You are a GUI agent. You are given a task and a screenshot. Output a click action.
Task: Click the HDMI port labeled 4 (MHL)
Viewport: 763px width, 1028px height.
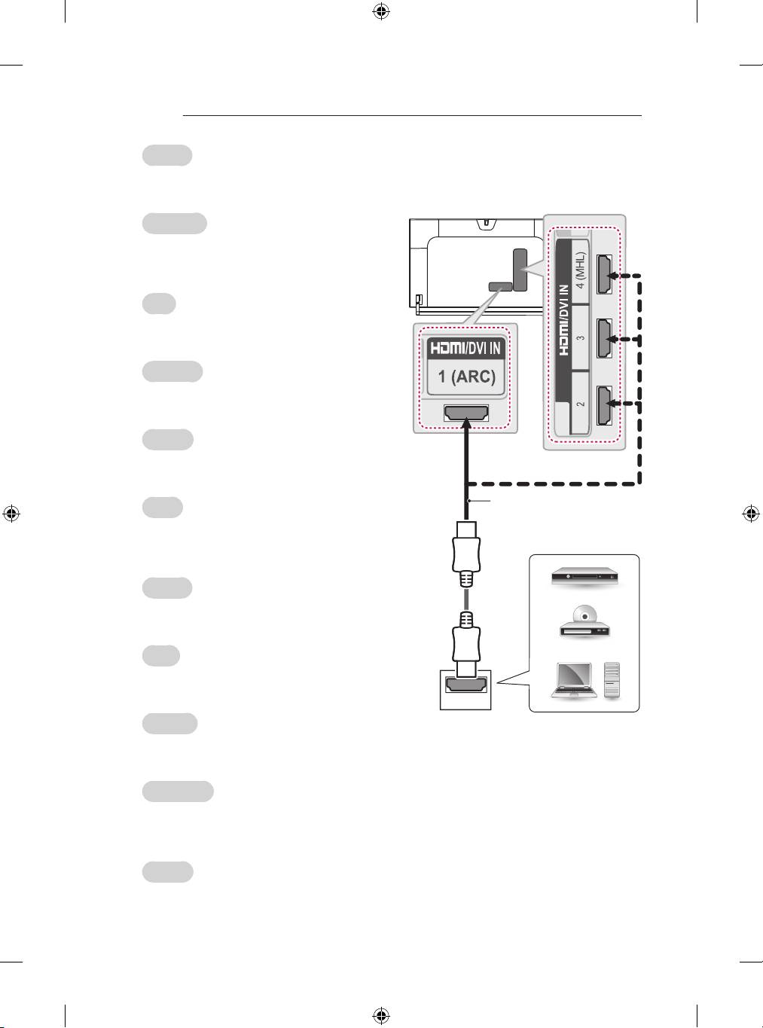603,275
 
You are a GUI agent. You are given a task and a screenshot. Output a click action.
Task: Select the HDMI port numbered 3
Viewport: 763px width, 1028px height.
603,340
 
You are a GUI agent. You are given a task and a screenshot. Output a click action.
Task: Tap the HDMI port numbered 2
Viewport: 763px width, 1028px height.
603,404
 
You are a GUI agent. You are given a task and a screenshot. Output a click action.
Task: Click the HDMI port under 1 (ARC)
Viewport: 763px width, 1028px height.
466,413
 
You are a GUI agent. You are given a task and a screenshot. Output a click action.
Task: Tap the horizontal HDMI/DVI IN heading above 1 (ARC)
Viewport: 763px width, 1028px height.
465,349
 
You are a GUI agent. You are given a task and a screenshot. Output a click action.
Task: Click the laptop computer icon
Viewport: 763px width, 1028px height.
575,680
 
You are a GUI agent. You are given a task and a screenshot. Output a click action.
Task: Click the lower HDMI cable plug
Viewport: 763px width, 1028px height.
467,644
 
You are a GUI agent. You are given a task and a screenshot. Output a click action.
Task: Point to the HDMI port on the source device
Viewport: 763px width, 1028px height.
466,686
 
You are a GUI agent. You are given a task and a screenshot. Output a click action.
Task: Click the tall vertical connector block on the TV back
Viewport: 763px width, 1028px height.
519,269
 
